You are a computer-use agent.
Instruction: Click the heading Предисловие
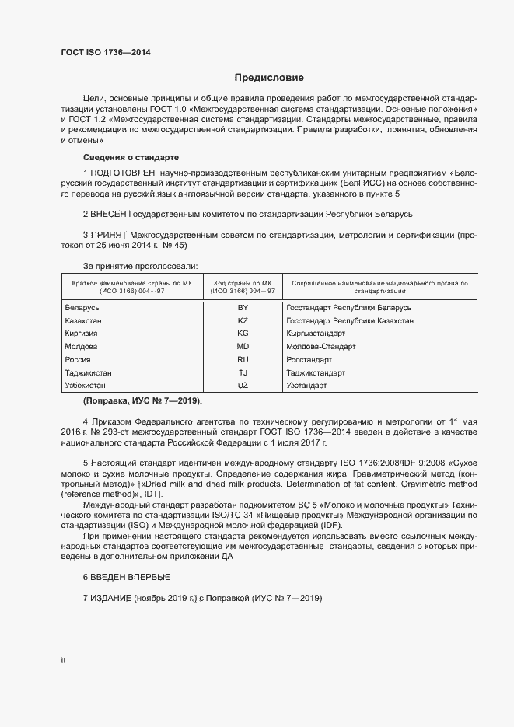click(x=269, y=78)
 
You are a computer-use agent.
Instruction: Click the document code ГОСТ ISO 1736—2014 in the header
click(x=106, y=53)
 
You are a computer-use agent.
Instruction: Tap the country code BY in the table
click(x=242, y=308)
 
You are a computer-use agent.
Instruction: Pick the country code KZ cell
click(x=242, y=321)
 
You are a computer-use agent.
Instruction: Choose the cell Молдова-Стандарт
click(x=320, y=347)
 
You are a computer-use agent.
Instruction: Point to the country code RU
click(x=242, y=360)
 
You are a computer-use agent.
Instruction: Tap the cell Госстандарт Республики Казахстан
click(x=349, y=321)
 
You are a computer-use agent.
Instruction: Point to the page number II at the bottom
click(x=63, y=660)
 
